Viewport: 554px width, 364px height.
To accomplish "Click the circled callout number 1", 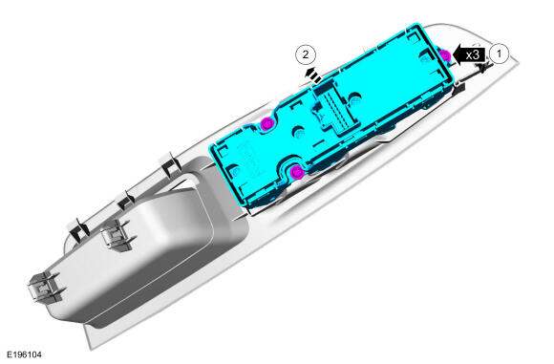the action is coord(499,54).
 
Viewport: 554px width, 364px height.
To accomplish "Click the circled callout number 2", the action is coord(306,54).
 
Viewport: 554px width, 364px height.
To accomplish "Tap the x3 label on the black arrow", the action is coord(473,54).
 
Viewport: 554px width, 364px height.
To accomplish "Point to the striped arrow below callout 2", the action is coord(312,75).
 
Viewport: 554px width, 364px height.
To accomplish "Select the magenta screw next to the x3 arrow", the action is coord(445,55).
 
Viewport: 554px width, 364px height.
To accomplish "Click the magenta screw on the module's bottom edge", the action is coord(297,172).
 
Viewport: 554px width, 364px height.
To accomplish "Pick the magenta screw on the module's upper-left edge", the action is coord(266,123).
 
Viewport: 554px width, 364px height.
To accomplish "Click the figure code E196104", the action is coord(25,354).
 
